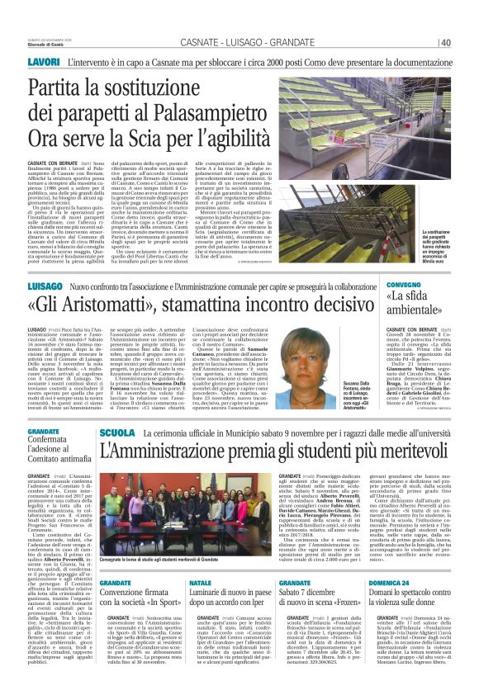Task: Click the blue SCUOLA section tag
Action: tap(111, 433)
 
